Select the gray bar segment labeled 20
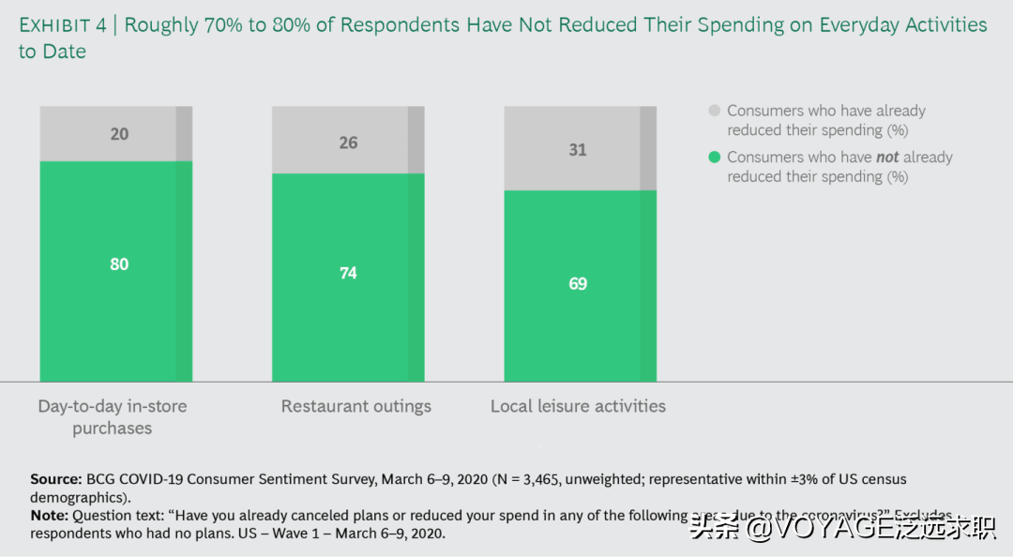click(115, 134)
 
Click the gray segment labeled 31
click(579, 149)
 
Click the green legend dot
click(714, 158)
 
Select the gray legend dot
click(714, 111)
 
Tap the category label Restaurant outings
click(356, 406)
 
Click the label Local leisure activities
click(578, 406)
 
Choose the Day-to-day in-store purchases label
click(113, 416)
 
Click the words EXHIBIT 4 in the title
click(62, 25)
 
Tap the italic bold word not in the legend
click(887, 158)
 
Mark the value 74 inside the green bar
click(348, 273)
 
